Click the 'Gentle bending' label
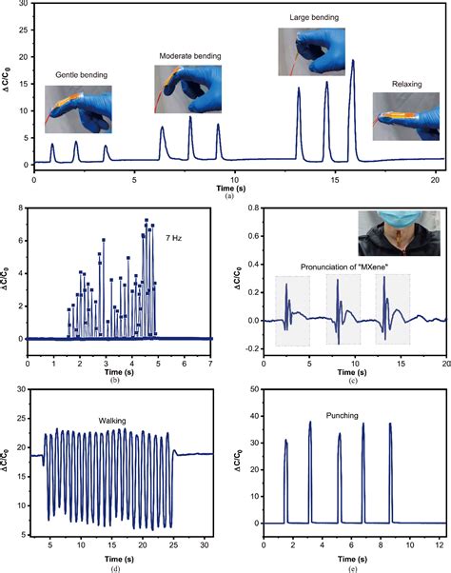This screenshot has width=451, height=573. tap(79, 73)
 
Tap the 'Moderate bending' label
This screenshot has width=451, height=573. tap(189, 56)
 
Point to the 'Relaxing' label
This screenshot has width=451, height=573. tap(405, 84)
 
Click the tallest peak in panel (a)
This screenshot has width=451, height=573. tap(353, 62)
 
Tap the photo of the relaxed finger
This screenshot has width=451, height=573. tap(404, 115)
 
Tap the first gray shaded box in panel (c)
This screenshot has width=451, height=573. tap(291, 310)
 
